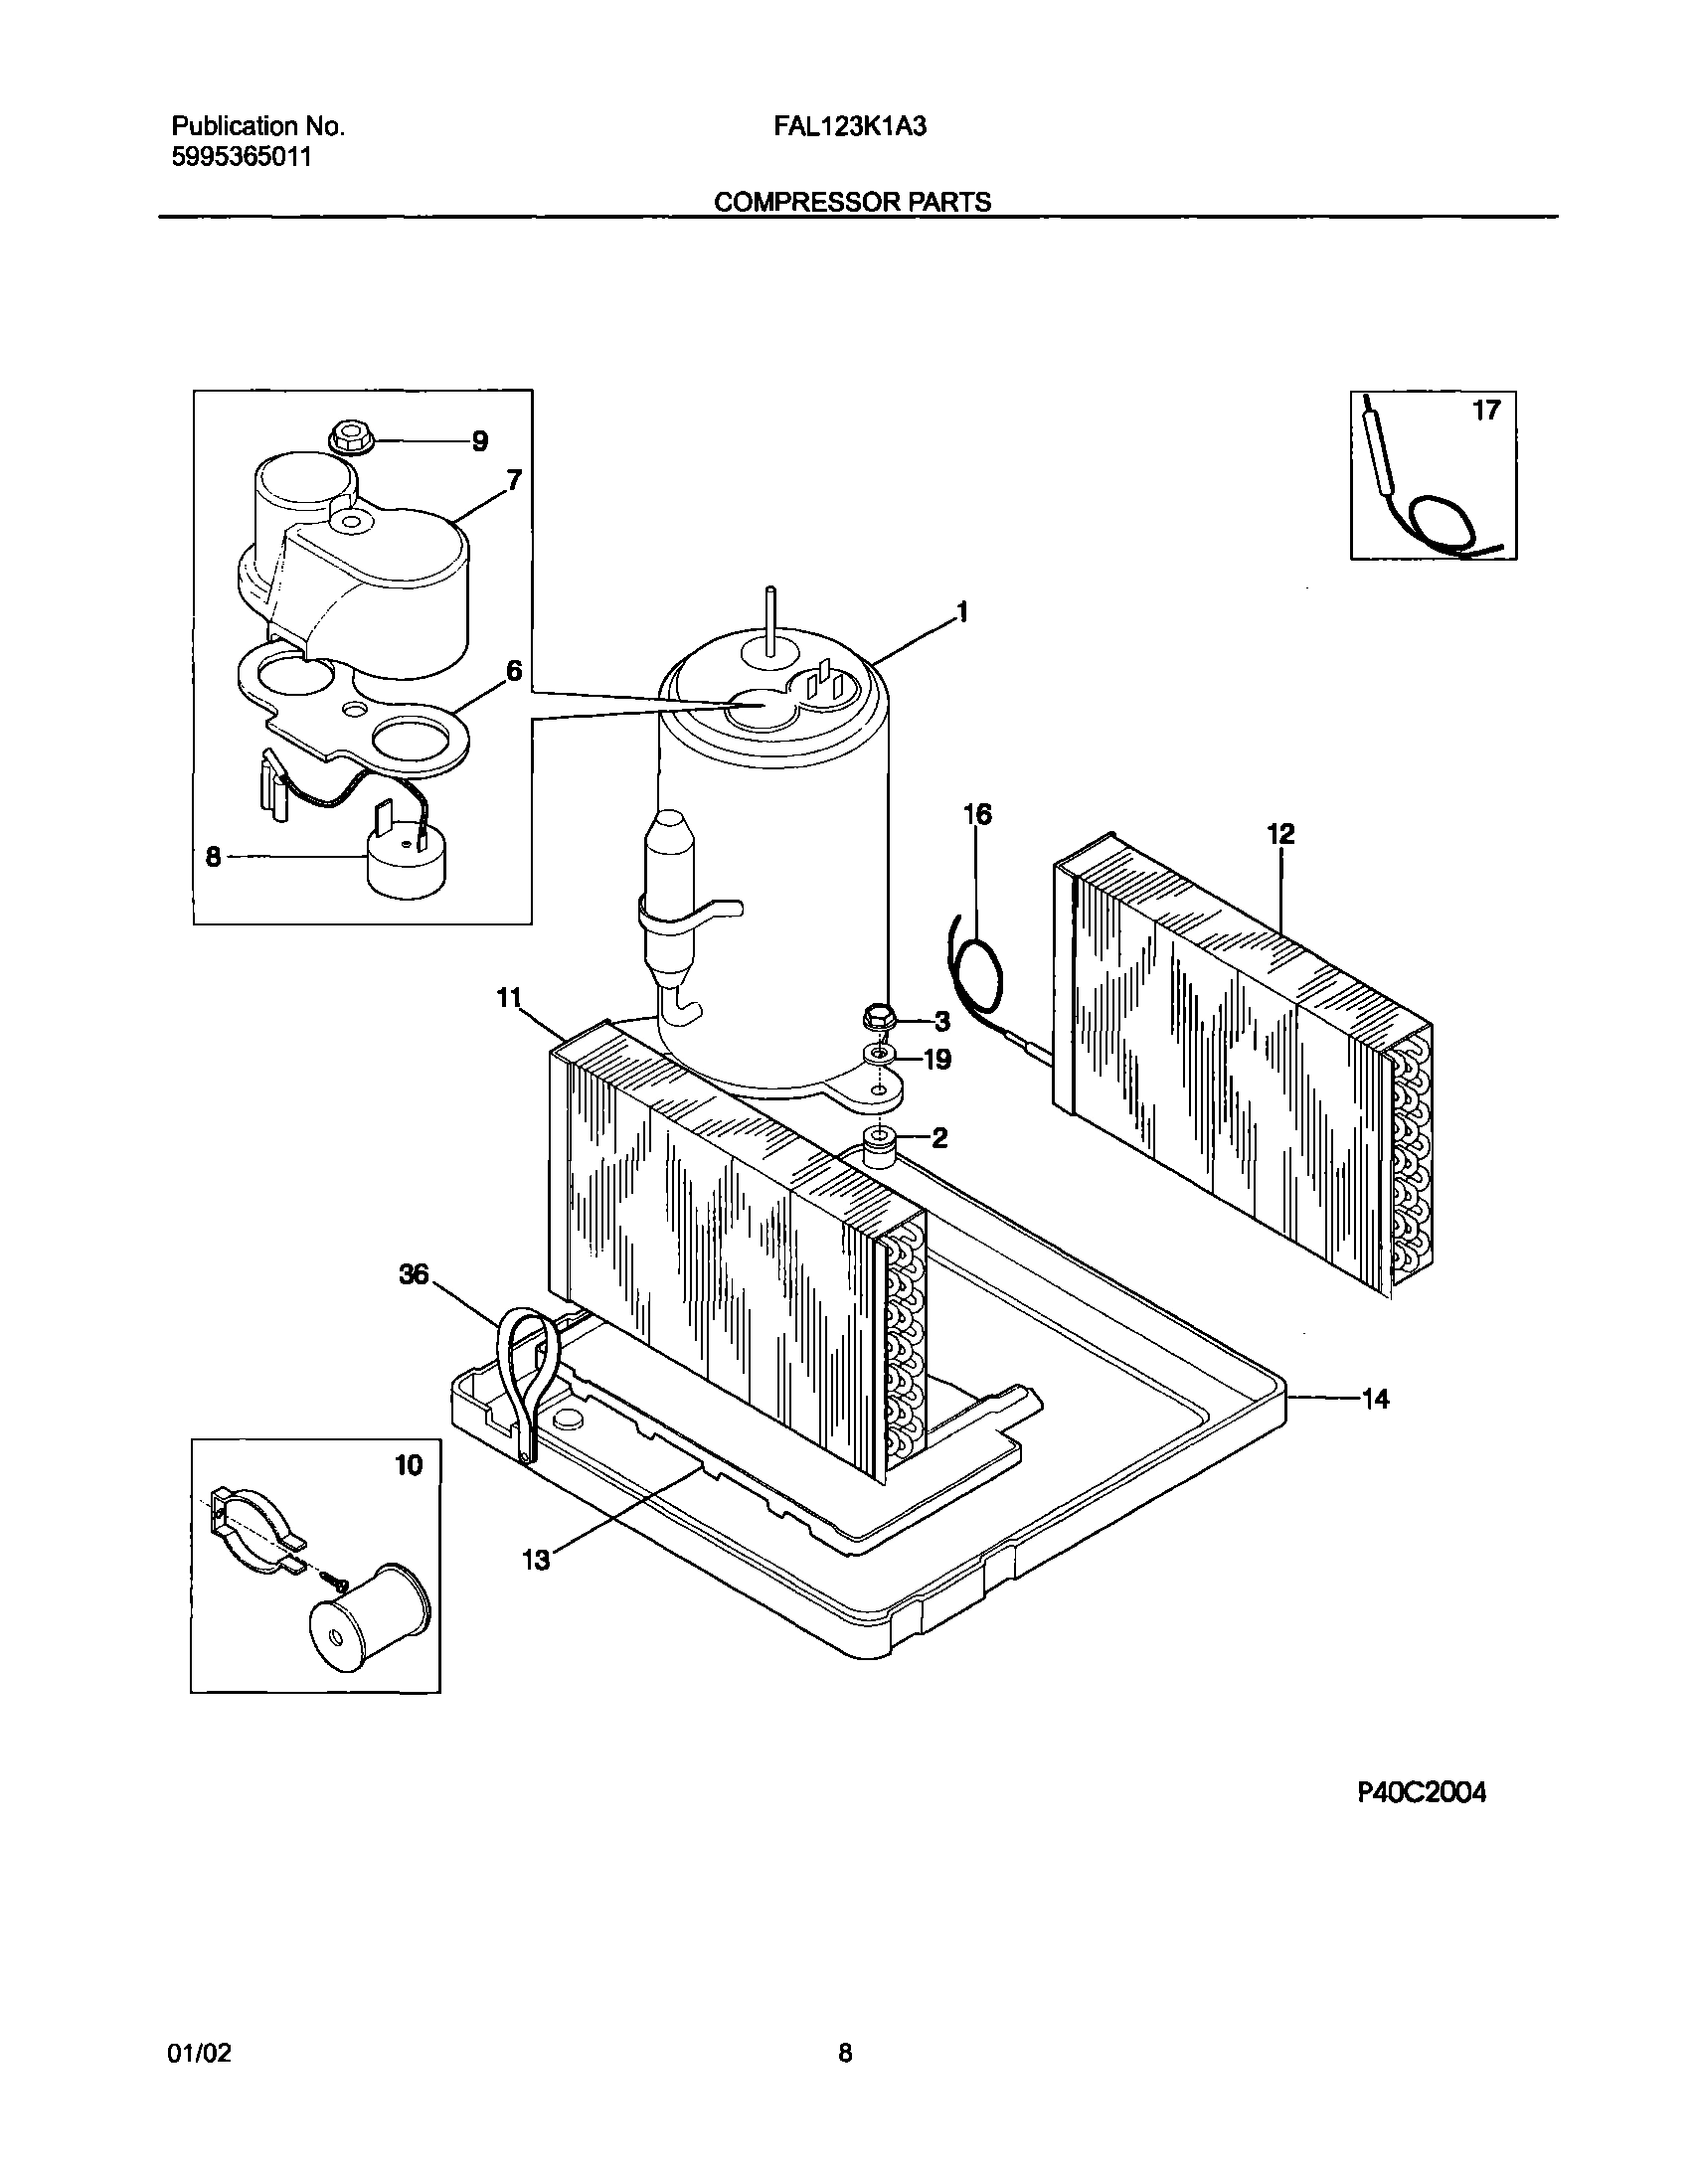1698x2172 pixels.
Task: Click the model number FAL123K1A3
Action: pyautogui.click(x=850, y=126)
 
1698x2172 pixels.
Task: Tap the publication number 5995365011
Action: pyautogui.click(x=242, y=157)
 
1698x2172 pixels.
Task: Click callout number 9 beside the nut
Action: pyautogui.click(x=479, y=441)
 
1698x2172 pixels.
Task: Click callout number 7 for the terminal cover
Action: pyautogui.click(x=513, y=481)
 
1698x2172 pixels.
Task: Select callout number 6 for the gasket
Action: pyautogui.click(x=513, y=671)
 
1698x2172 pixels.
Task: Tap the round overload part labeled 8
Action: pyautogui.click(x=405, y=863)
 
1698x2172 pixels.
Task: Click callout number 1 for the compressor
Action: pyautogui.click(x=961, y=613)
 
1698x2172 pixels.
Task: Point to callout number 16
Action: pyautogui.click(x=977, y=814)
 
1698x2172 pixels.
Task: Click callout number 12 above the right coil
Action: pyautogui.click(x=1280, y=834)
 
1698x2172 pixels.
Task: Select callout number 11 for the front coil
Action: pyautogui.click(x=509, y=997)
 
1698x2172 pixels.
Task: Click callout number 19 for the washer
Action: pyautogui.click(x=936, y=1060)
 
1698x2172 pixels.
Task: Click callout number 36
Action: pyautogui.click(x=413, y=1274)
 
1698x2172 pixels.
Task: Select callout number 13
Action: pyautogui.click(x=535, y=1561)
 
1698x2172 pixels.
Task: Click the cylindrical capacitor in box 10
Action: pyautogui.click(x=369, y=1627)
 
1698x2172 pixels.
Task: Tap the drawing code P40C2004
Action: pyautogui.click(x=1422, y=1793)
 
